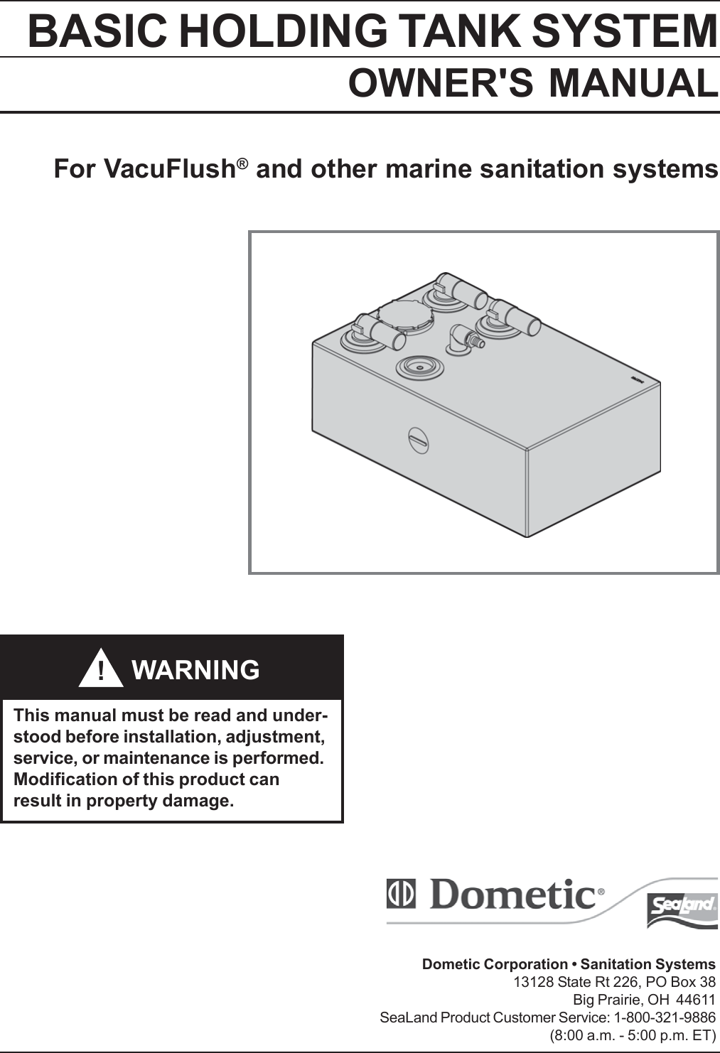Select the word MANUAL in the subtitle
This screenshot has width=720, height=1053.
tap(633, 83)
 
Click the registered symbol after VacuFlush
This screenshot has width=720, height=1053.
tap(242, 163)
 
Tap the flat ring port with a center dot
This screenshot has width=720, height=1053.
tap(419, 367)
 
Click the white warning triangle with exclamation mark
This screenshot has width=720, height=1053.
tap(101, 669)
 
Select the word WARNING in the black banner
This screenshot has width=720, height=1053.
tap(195, 670)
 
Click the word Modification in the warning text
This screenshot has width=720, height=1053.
tap(67, 779)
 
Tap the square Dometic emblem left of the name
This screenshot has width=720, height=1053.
tap(401, 895)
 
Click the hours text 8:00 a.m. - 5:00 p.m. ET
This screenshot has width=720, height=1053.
tap(633, 1035)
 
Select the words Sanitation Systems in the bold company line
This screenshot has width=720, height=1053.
tap(648, 964)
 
